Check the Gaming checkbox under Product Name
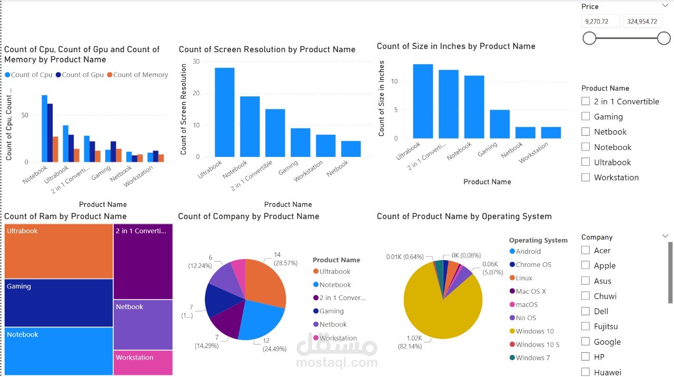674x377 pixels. [586, 116]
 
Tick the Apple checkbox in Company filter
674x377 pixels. [586, 265]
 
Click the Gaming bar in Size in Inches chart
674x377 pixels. [500, 124]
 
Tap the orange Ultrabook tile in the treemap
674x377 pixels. [59, 251]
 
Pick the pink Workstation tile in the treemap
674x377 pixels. [143, 363]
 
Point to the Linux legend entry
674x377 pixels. [524, 278]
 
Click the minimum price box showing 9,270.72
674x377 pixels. [601, 22]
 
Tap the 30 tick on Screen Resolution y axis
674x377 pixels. [196, 62]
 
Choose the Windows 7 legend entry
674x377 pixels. [532, 358]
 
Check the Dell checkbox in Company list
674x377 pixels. [586, 311]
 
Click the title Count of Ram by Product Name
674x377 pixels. [65, 216]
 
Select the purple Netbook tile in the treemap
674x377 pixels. [143, 324]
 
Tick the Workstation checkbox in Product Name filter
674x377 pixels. [586, 177]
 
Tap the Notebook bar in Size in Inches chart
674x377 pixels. [474, 107]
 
